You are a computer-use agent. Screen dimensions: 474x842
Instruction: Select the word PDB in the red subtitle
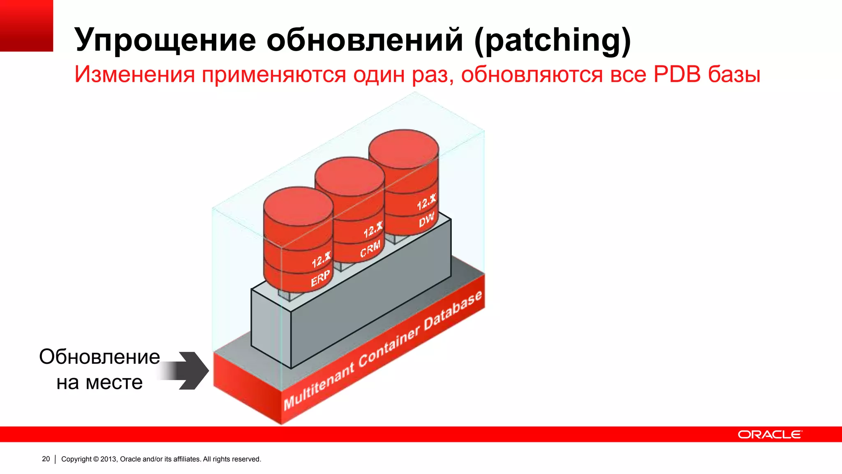[x=677, y=74]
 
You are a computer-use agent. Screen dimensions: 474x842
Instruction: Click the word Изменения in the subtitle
[x=135, y=75]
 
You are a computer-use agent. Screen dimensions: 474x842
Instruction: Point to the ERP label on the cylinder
[x=320, y=278]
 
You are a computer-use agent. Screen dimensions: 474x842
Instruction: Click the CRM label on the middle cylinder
[x=370, y=249]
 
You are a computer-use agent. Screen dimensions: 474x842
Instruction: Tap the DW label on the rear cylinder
[x=426, y=220]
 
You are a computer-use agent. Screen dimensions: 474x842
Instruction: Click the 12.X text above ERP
[x=321, y=260]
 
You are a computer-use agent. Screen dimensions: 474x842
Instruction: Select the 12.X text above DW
[x=426, y=202]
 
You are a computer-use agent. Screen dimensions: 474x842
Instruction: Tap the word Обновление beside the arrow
[x=99, y=357]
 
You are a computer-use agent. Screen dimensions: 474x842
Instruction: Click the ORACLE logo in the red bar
[x=769, y=434]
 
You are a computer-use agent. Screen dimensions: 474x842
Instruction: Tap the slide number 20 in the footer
[x=46, y=459]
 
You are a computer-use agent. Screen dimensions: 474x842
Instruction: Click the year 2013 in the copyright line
[x=109, y=459]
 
